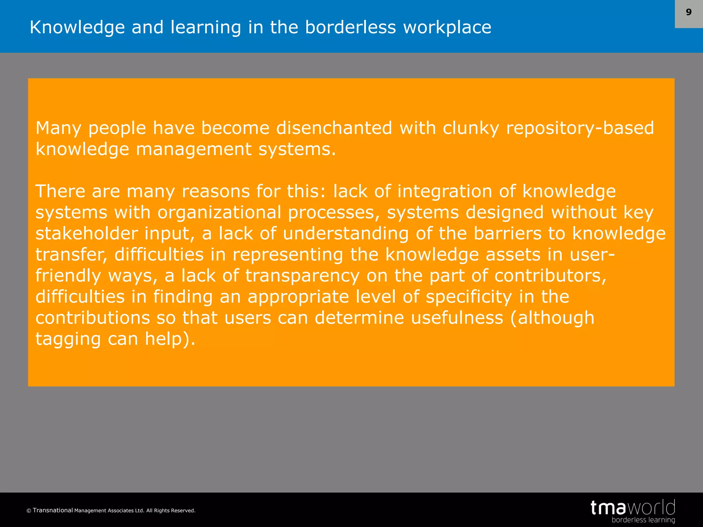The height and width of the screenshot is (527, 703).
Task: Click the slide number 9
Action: [689, 12]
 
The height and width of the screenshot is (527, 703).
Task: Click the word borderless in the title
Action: [350, 27]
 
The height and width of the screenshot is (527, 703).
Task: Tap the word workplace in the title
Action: [447, 28]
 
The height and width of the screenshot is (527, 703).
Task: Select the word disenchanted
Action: [334, 128]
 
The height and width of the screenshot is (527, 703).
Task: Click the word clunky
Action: [471, 129]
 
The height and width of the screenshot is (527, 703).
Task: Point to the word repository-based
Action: [580, 129]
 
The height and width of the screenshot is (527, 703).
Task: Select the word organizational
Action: [219, 213]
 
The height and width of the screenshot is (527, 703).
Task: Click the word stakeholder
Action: [87, 234]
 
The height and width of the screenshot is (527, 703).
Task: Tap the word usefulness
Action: [457, 318]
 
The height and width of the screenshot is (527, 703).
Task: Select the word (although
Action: [552, 318]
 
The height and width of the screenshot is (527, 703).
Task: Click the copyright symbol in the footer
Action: [29, 511]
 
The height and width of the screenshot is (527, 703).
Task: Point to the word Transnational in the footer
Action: [53, 510]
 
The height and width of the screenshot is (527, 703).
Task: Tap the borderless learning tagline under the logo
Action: [643, 520]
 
